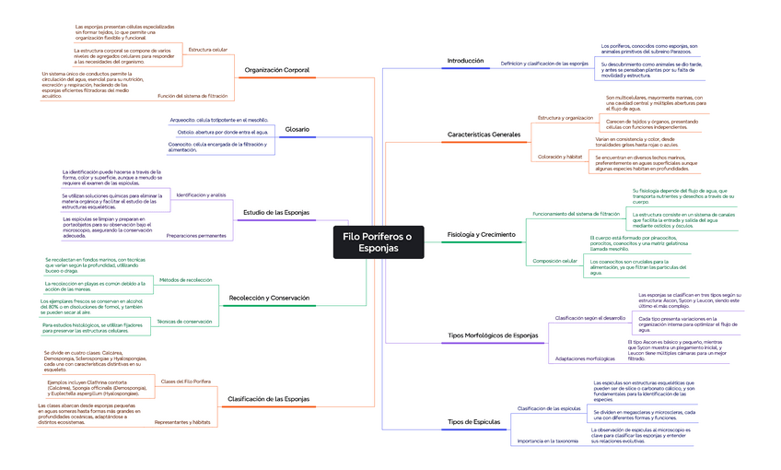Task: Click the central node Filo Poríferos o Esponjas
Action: coord(377,242)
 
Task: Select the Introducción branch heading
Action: coord(465,61)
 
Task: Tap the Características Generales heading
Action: coord(484,135)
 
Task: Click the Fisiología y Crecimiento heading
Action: coord(481,234)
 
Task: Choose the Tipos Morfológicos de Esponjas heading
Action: coord(492,335)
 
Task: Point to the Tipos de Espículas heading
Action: coord(473,421)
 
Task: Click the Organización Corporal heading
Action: coord(277,70)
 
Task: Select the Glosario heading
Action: coord(297,129)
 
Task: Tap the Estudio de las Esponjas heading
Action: coord(276,213)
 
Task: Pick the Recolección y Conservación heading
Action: coord(269,298)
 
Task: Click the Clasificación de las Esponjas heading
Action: coord(268,399)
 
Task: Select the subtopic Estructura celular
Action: coord(207,49)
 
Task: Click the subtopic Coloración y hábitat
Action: coord(560,158)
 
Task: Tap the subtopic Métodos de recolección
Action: coord(185,279)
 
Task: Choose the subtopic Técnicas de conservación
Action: coord(184,321)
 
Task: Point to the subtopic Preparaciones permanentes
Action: coord(195,236)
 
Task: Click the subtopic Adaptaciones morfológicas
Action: coord(585,358)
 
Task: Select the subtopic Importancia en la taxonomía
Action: coord(548,441)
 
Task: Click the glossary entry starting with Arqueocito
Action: coord(219,120)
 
